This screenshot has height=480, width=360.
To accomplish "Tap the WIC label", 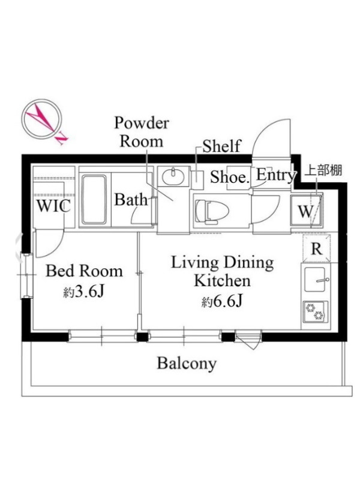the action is coord(53,205).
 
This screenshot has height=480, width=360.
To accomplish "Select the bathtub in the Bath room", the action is coord(94,200).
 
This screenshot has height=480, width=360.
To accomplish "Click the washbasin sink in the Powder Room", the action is coord(173,176).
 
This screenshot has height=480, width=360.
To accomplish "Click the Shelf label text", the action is coord(221,146).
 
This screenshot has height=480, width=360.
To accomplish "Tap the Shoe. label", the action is coord(229,177).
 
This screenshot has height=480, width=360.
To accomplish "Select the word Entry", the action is coord(276,175).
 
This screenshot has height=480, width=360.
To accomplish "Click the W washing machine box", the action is coord(306,211).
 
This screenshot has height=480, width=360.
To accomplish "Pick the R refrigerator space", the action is coord(316,248).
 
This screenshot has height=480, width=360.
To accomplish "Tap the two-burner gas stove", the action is coord(316,312).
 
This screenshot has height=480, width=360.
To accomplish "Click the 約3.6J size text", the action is coord(84,292).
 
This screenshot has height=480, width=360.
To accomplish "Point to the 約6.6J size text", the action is coord(222,302).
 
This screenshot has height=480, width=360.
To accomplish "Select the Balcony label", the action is coord(187,364).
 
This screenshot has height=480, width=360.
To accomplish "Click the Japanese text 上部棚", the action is coord(323,170).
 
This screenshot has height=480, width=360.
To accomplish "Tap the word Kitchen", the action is coord(222,281).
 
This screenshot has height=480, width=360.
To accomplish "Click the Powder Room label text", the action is coord(142,132).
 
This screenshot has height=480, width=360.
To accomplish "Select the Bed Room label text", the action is coord(84,271).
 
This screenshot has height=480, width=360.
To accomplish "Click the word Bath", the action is coord(131,200).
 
